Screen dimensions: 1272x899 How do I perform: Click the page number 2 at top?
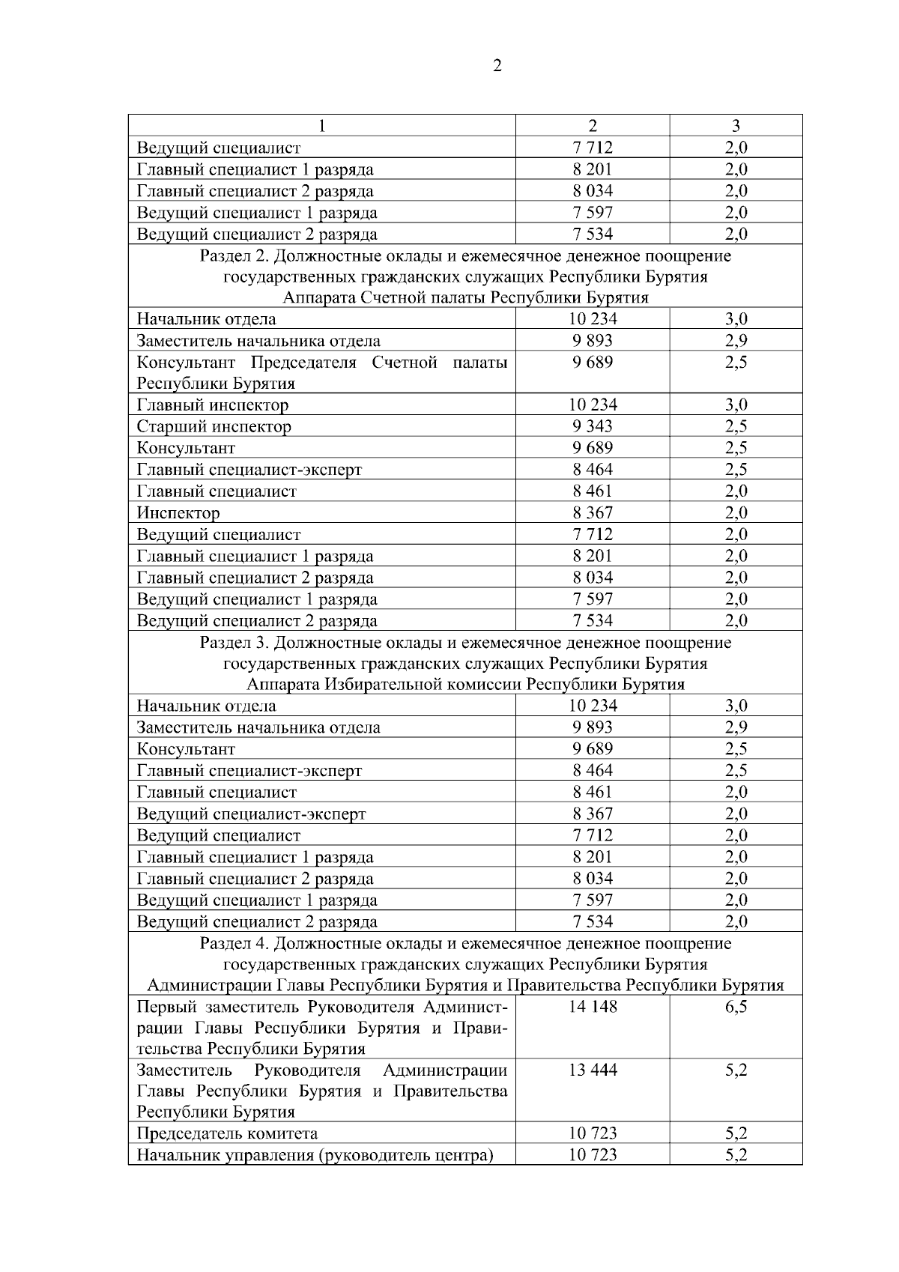coord(498,66)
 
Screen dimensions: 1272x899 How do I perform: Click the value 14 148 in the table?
coord(593,1007)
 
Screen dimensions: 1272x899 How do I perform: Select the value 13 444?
coord(593,1070)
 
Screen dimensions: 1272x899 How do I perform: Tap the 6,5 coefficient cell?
coord(736,1007)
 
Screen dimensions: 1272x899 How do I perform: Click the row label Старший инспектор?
coord(214,427)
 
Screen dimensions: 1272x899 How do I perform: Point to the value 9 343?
coord(593,427)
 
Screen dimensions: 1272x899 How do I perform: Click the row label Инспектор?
coord(178,513)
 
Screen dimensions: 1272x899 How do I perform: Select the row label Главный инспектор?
coord(213,405)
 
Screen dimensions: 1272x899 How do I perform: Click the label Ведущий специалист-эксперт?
coord(251,814)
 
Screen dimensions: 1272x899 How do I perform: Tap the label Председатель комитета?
coord(227,1134)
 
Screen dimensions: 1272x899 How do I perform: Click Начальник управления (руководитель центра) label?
coord(315,1155)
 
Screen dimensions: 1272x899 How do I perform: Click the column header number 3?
coord(736,126)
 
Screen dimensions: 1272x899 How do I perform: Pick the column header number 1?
coord(321,126)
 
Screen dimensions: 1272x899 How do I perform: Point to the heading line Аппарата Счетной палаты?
coord(465,298)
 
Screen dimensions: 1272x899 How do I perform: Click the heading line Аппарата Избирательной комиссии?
coord(465,685)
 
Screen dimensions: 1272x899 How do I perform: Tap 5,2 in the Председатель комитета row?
coord(736,1134)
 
